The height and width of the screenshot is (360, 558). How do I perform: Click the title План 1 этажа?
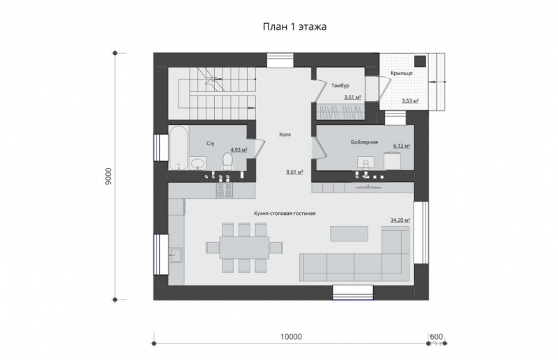294,27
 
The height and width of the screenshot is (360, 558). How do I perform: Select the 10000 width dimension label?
291,336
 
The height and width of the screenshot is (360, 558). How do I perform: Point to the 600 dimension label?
437,336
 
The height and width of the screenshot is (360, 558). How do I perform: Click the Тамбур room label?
340,85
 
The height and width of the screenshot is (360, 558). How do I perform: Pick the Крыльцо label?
402,73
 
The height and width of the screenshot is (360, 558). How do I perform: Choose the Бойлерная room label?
364,142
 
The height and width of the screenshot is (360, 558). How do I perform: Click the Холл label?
285,135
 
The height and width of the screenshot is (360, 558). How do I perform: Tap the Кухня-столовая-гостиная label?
285,213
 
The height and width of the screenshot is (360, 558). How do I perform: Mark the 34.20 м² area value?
400,220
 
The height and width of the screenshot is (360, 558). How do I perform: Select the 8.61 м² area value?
294,172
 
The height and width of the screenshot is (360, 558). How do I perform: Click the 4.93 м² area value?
239,150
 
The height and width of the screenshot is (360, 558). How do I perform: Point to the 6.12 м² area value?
402,146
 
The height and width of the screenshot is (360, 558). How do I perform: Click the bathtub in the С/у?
179,147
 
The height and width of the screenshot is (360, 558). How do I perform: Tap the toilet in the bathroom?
227,161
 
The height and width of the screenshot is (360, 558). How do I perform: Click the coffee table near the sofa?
349,234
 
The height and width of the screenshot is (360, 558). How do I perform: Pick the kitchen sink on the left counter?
176,255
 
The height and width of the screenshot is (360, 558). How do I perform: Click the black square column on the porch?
421,61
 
